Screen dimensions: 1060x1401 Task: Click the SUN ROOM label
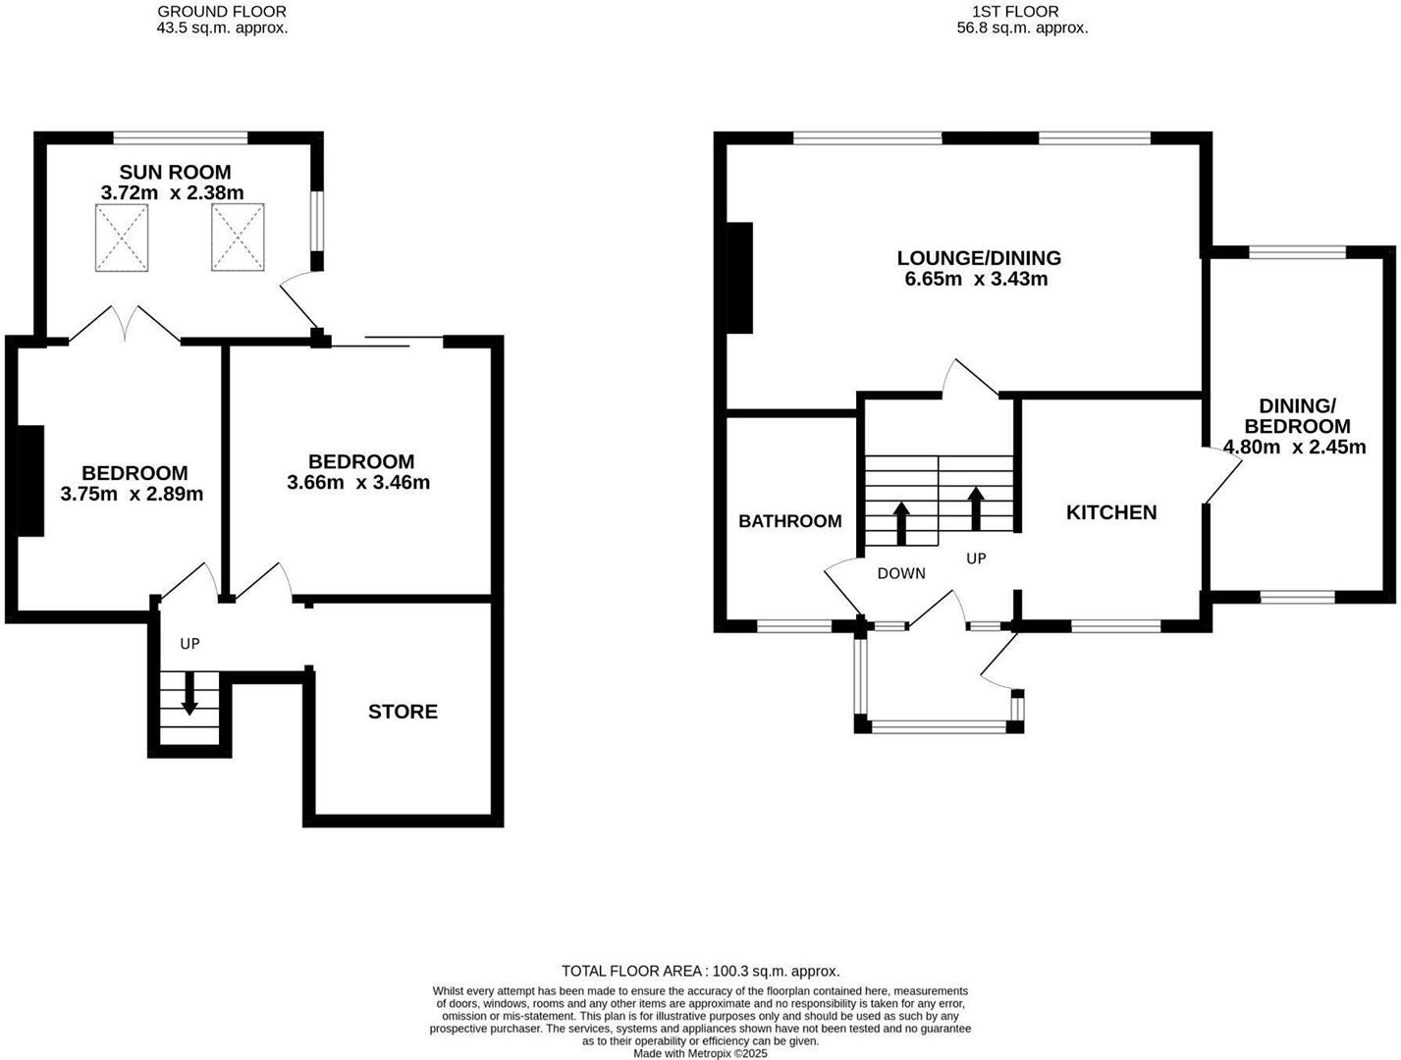(175, 173)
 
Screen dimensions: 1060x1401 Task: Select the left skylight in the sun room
(123, 237)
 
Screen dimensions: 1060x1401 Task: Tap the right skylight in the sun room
(238, 237)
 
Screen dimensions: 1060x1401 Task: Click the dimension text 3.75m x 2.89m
(132, 494)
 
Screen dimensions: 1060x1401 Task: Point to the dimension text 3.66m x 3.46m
(358, 482)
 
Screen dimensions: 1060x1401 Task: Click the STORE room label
(403, 712)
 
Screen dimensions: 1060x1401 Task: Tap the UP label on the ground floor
(189, 644)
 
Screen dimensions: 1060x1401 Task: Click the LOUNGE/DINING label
(979, 258)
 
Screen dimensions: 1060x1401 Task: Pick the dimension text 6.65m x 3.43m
(976, 279)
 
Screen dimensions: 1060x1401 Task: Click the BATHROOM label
(789, 521)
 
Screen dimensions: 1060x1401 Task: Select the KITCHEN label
(1111, 512)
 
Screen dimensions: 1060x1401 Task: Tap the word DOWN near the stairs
(900, 573)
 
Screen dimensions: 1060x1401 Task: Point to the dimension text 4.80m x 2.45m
(1294, 448)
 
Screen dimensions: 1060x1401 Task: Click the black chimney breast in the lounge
(738, 279)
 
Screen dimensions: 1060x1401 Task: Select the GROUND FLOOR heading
(222, 12)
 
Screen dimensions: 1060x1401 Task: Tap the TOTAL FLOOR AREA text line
(700, 971)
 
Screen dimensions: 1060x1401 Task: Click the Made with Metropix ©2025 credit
(700, 1053)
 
